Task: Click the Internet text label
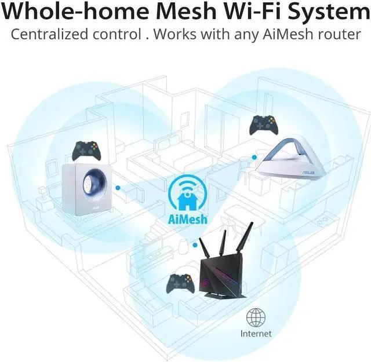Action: [256, 334]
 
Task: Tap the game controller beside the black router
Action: [180, 283]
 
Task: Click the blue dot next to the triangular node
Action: [253, 156]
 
